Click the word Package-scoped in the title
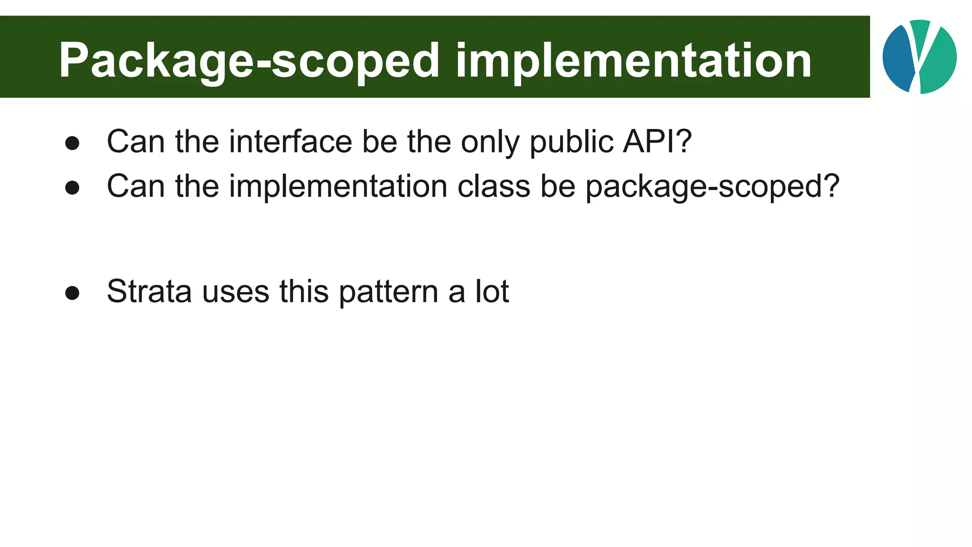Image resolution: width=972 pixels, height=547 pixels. click(x=249, y=61)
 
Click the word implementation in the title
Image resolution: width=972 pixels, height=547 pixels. click(x=634, y=61)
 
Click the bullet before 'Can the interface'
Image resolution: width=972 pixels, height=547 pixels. click(x=72, y=143)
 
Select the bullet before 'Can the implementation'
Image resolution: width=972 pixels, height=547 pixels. click(x=72, y=188)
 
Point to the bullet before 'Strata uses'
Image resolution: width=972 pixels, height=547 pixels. click(x=72, y=293)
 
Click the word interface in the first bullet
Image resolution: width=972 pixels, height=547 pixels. click(x=290, y=141)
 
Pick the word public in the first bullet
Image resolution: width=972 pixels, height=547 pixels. click(x=571, y=141)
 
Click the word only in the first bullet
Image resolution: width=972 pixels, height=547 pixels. click(x=490, y=141)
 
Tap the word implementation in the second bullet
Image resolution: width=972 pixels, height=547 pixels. click(x=338, y=186)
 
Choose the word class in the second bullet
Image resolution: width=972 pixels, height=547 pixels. click(x=494, y=186)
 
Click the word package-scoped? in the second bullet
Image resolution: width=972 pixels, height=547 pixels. click(x=712, y=186)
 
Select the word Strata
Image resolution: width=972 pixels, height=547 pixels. click(x=149, y=291)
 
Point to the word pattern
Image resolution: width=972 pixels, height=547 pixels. click(x=388, y=291)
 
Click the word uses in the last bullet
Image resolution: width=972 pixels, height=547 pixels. click(x=235, y=291)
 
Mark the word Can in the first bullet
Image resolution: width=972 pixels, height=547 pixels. click(x=136, y=141)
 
